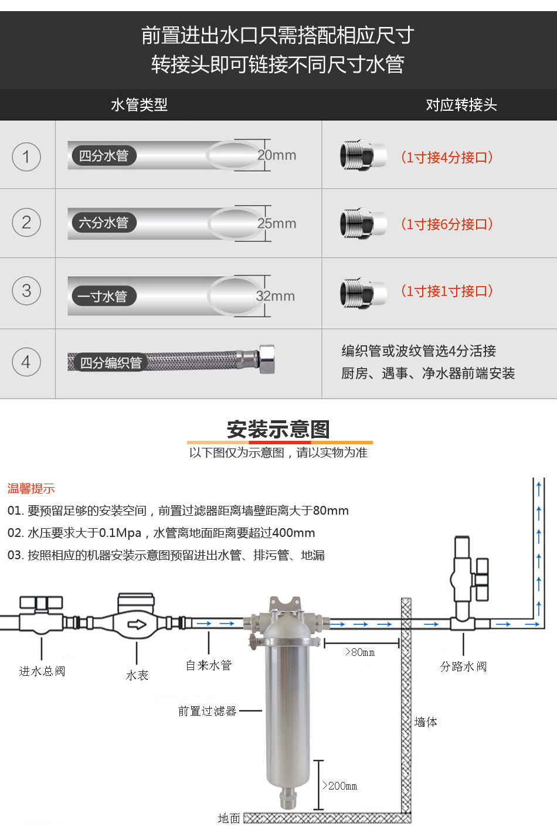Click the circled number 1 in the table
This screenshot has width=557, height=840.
pos(26,157)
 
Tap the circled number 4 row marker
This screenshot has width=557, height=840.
pos(26,362)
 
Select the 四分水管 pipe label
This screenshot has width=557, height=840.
pos(104,156)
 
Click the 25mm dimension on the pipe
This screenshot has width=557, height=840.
pos(277,223)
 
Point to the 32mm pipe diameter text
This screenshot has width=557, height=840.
pos(275,296)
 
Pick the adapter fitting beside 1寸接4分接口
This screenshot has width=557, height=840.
pos(363,157)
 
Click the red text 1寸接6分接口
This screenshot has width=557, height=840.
pos(447,224)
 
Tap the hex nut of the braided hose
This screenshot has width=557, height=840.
pos(266,359)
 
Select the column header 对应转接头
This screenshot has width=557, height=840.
pos(461,105)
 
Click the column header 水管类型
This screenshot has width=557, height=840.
pos(139,105)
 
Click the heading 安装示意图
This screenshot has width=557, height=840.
pos(278,429)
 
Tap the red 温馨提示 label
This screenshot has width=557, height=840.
pos(31,488)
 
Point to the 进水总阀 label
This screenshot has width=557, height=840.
pos(42,671)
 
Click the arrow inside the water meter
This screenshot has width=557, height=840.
pos(137,624)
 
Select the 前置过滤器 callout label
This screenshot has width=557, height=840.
pos(208,711)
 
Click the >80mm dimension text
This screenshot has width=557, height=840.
pos(360,652)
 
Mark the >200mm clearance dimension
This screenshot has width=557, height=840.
pos(340,785)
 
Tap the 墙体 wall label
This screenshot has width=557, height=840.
pos(426,722)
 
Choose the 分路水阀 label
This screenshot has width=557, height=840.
pos(463,666)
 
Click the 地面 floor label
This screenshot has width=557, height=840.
pos(229,818)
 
